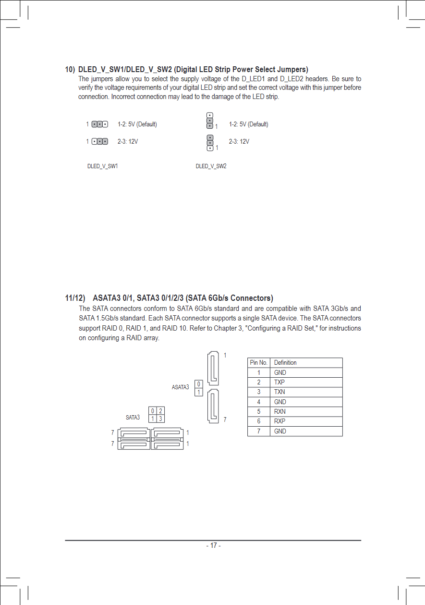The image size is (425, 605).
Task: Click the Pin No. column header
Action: tap(259, 362)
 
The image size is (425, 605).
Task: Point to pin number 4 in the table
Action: tap(259, 402)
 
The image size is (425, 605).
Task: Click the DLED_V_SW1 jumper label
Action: tap(102, 166)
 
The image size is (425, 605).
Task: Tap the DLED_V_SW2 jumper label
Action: tap(211, 166)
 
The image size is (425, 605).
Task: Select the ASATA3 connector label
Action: tap(180, 387)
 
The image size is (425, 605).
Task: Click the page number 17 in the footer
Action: tap(213, 545)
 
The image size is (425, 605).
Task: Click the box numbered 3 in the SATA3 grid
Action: tap(161, 419)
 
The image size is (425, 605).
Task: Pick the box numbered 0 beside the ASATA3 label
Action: tap(199, 383)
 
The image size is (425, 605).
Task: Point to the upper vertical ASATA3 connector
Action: tap(213, 369)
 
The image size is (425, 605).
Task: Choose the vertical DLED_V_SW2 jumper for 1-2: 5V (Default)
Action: tap(209, 121)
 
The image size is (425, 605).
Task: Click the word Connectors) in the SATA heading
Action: tap(252, 298)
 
